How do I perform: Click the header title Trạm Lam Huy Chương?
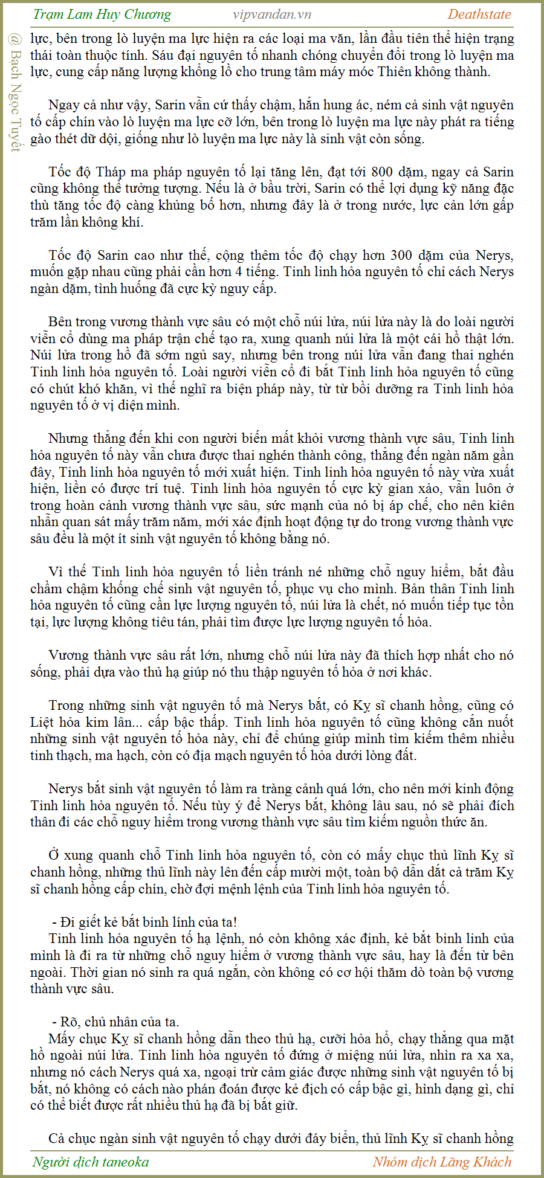pos(102,14)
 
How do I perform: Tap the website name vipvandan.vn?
pos(272,14)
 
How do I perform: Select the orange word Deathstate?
pos(479,14)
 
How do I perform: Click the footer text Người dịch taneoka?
pos(91,1162)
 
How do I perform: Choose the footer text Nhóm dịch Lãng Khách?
pos(442,1162)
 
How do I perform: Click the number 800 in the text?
pos(383,172)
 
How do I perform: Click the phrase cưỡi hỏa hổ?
pos(351,1039)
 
